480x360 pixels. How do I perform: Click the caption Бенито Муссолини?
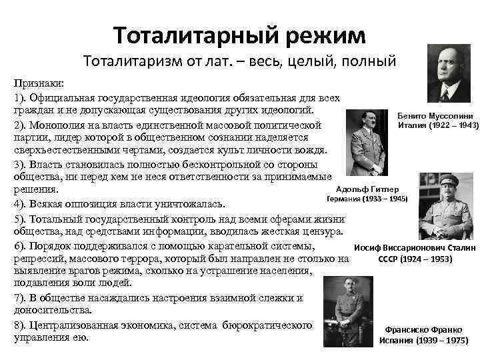pyautogui.click(x=435, y=115)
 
